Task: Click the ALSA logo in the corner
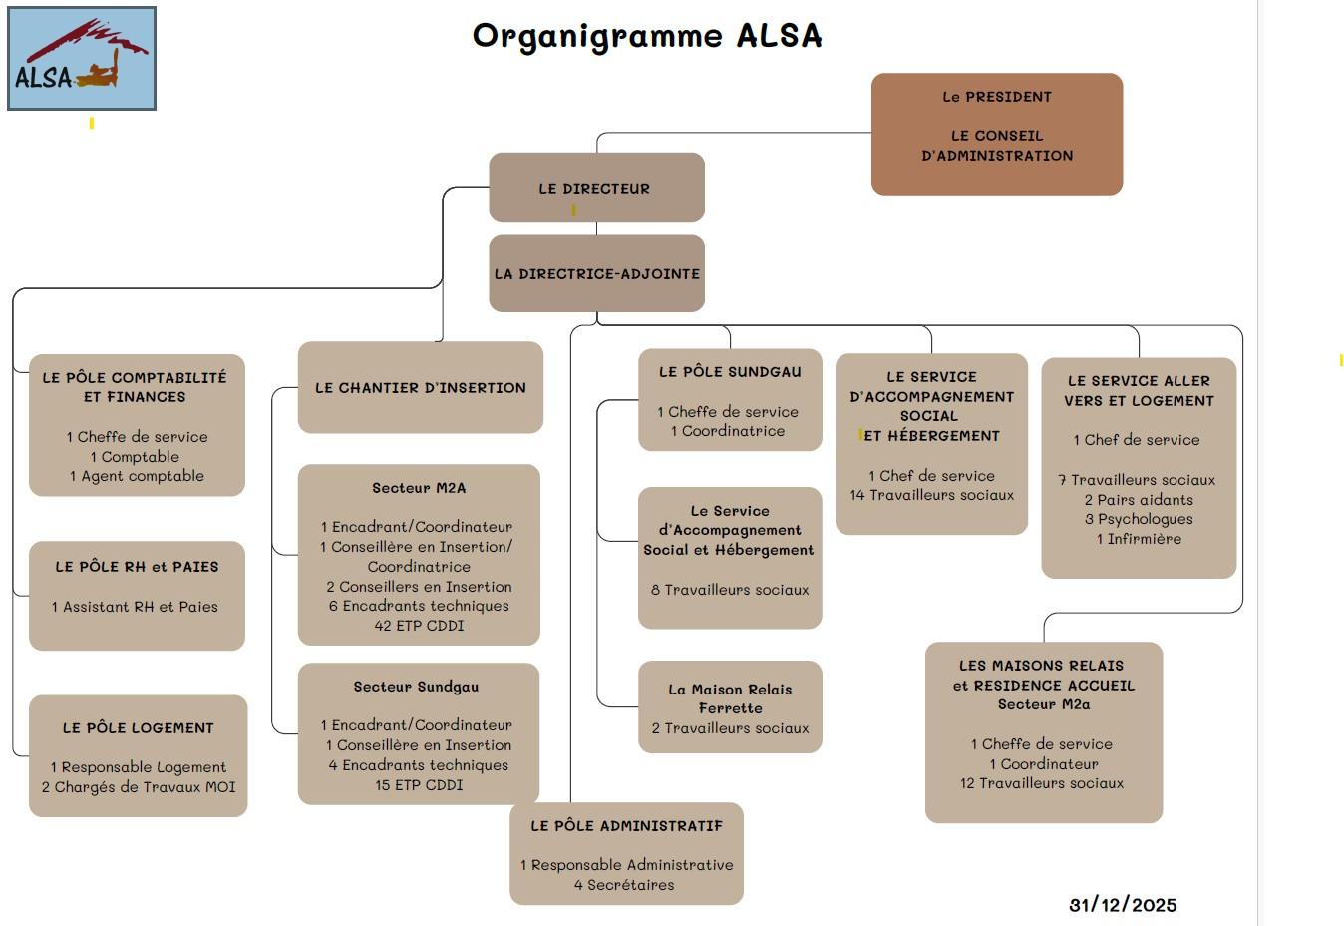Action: (82, 58)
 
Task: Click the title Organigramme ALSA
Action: (647, 36)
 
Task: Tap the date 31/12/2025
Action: (1123, 905)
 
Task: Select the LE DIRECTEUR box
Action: (596, 188)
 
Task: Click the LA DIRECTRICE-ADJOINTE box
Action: (596, 273)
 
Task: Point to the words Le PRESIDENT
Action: (997, 97)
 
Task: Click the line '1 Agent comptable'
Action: (137, 476)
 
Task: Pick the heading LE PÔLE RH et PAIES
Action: (137, 567)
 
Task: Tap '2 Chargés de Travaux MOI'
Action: (139, 787)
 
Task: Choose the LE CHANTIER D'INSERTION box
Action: (420, 388)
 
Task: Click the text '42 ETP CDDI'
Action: (419, 626)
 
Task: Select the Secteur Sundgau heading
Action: (416, 687)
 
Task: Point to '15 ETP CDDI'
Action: (419, 785)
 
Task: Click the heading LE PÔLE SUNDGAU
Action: (730, 372)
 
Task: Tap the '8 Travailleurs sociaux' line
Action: (730, 590)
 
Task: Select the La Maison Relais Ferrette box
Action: (730, 706)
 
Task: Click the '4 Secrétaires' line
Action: (624, 885)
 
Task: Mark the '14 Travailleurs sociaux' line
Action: (931, 495)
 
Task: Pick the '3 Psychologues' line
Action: (1139, 519)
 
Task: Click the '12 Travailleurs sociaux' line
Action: (1042, 783)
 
